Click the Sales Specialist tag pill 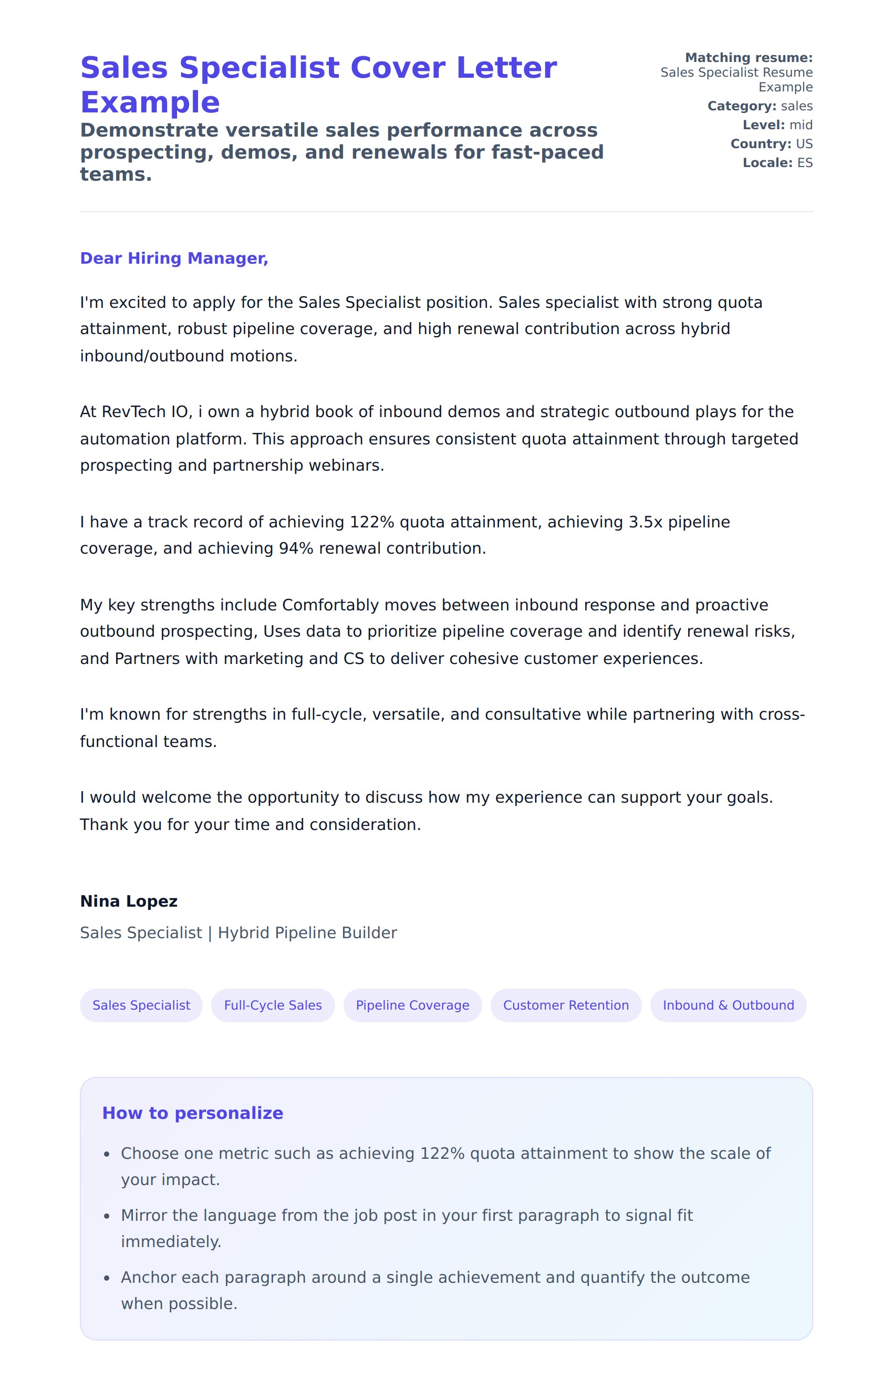click(141, 1005)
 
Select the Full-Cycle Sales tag click(273, 1005)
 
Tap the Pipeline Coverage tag click(412, 1005)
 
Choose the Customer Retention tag click(565, 1005)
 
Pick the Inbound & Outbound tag click(728, 1005)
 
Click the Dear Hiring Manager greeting click(174, 258)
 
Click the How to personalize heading click(192, 1113)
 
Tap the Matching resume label click(749, 57)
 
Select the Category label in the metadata click(742, 106)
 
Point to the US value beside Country click(804, 144)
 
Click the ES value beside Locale click(805, 163)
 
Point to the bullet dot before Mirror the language click(107, 1217)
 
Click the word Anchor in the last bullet click(145, 1278)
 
